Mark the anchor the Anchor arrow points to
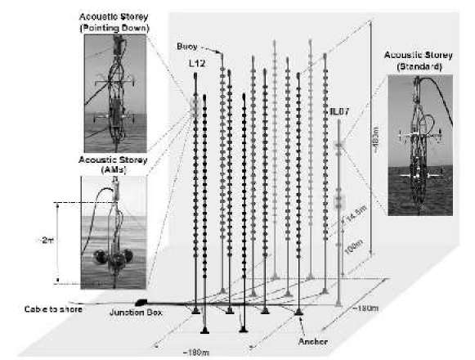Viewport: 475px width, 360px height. [x=298, y=312]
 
